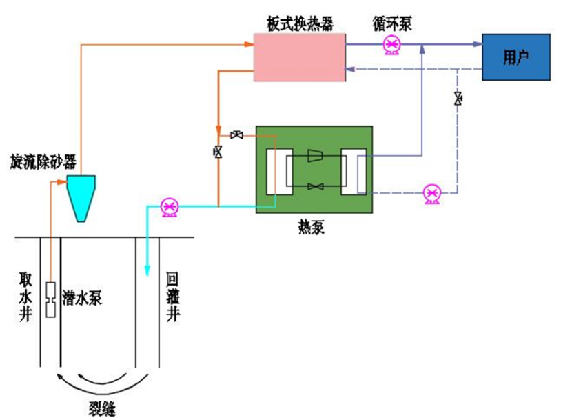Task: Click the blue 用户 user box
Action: pos(516,57)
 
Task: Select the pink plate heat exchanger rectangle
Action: pos(300,57)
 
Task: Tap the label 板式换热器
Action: pos(300,24)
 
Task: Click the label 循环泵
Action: pos(391,24)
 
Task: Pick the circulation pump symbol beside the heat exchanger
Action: pos(391,46)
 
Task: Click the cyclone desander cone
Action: pos(81,197)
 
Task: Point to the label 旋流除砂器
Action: pos(43,162)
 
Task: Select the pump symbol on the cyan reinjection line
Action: pos(170,206)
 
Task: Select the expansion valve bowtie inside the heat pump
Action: pos(316,186)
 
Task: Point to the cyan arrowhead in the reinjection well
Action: pos(146,270)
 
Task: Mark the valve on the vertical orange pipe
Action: pos(218,152)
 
